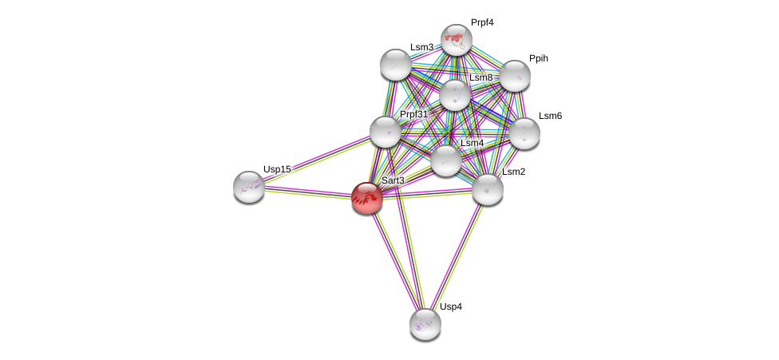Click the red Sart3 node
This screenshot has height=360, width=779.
click(x=367, y=197)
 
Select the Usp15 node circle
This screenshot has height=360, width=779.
click(x=249, y=186)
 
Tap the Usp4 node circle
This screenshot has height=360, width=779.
click(x=425, y=323)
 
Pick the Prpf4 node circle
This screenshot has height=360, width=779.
click(x=457, y=39)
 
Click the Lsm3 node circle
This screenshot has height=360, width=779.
click(x=395, y=65)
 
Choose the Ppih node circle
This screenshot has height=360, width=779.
click(x=515, y=76)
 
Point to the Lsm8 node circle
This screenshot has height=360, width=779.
click(x=455, y=95)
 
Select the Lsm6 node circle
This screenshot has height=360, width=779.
click(x=524, y=133)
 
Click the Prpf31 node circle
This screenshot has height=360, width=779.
click(x=385, y=132)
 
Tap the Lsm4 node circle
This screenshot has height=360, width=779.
click(x=446, y=160)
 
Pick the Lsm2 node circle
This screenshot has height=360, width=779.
click(x=488, y=189)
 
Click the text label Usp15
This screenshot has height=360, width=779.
click(x=277, y=169)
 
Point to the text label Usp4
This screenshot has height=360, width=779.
click(x=450, y=307)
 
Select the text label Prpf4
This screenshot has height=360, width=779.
click(x=482, y=22)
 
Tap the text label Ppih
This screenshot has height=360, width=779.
click(x=539, y=59)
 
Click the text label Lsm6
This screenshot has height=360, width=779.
click(x=550, y=116)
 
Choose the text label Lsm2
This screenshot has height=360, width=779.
click(x=513, y=172)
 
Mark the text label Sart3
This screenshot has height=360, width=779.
click(x=393, y=180)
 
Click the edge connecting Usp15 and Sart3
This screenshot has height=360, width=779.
click(x=307, y=192)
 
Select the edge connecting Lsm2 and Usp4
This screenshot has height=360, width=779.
click(x=457, y=256)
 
